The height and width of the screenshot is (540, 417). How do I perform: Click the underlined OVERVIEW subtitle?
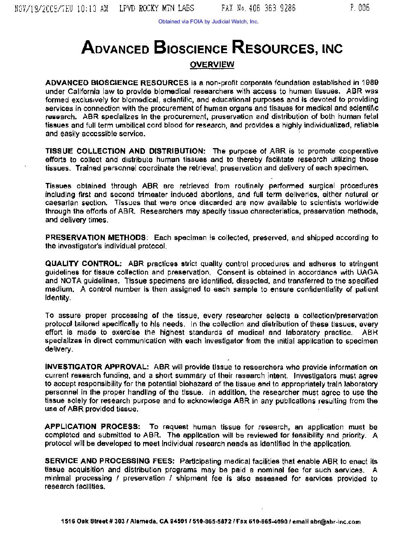pyautogui.click(x=212, y=64)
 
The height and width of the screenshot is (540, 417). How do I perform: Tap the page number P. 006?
pyautogui.click(x=360, y=8)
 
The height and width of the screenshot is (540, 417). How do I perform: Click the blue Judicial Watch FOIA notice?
pyautogui.click(x=208, y=21)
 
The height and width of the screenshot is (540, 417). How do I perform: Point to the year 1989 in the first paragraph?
pyautogui.click(x=370, y=83)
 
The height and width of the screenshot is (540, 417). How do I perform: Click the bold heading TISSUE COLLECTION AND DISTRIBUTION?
pyautogui.click(x=125, y=151)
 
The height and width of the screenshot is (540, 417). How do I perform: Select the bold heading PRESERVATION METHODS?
pyautogui.click(x=95, y=238)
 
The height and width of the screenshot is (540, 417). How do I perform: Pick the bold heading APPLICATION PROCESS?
pyautogui.click(x=92, y=427)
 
